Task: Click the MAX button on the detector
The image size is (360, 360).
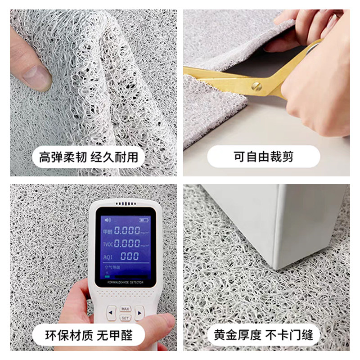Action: tap(125, 308)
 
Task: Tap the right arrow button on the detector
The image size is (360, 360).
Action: tap(139, 312)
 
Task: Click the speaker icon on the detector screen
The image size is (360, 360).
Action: tap(108, 220)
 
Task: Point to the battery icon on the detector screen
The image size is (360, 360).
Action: tap(144, 220)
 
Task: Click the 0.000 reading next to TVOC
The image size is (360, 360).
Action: tap(126, 243)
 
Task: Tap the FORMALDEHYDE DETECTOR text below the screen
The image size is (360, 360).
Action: tap(125, 283)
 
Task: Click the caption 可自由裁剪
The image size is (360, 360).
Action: tap(264, 157)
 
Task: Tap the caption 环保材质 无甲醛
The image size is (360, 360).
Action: tap(89, 335)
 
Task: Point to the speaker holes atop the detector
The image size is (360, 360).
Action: tap(125, 204)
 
